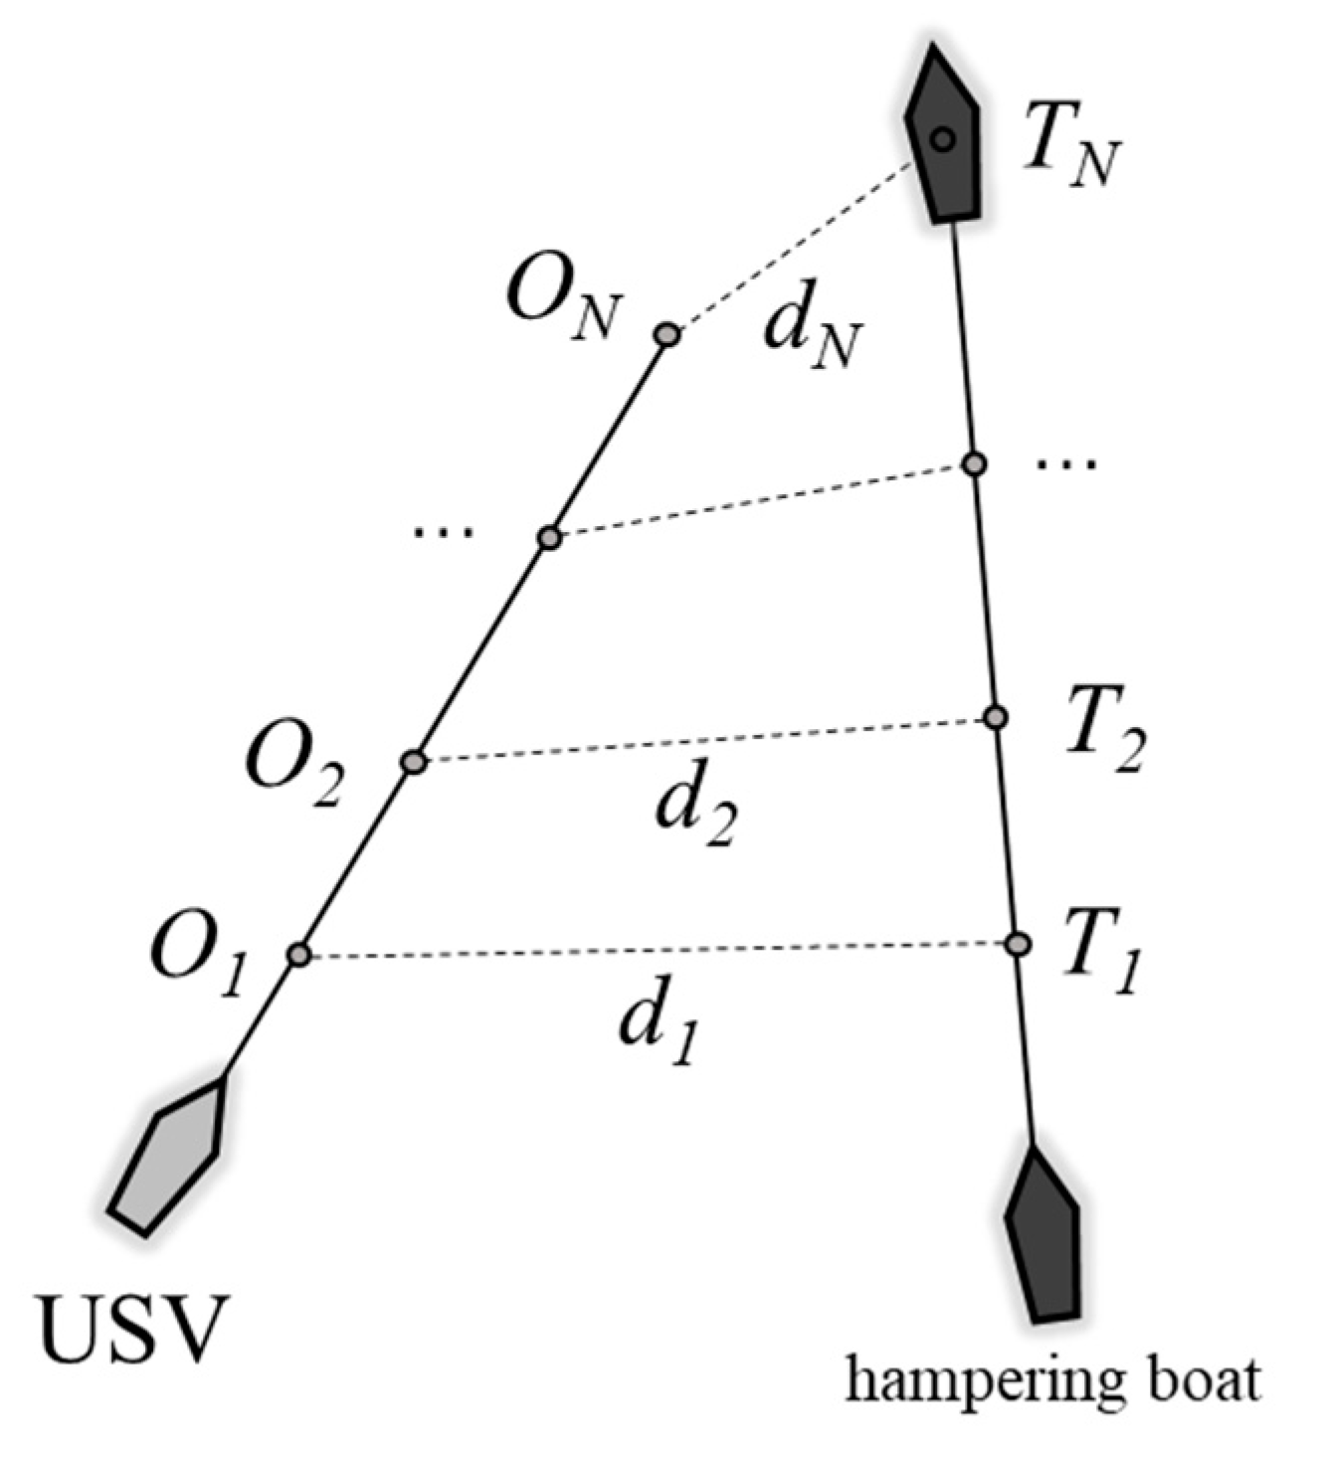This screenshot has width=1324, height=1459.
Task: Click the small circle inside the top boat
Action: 943,139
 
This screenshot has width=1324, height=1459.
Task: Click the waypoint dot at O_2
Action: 414,763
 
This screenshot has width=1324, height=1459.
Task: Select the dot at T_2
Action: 995,717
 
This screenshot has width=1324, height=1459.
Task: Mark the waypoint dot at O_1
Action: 299,956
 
